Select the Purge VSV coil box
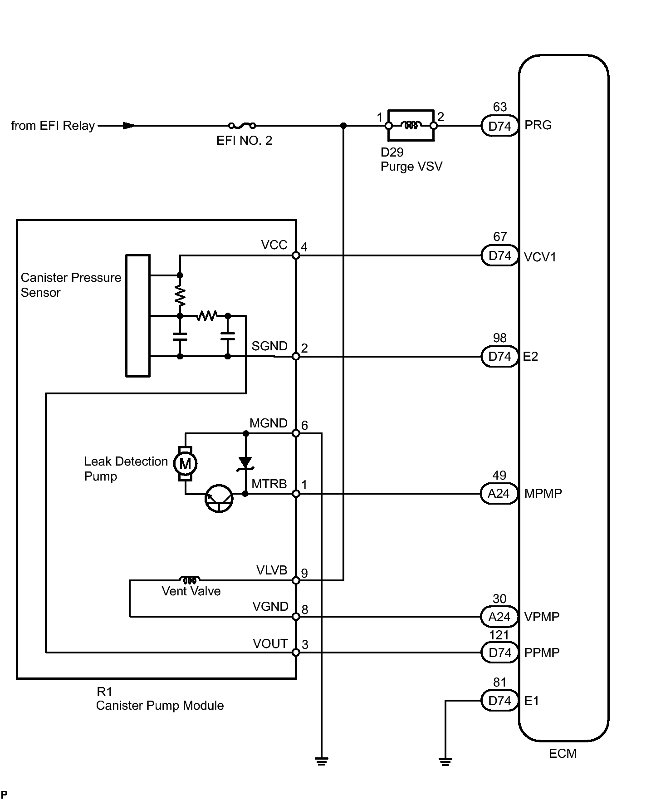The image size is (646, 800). pos(411,125)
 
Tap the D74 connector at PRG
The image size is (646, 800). pos(499,126)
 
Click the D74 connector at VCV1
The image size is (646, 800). pos(499,256)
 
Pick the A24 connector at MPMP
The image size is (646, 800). pos(499,494)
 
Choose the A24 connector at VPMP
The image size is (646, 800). pos(499,617)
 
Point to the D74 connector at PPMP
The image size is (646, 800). pos(499,653)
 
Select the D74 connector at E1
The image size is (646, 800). pos(499,701)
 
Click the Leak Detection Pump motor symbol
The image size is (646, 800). pos(186,464)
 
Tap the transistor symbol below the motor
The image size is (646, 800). pos(219,499)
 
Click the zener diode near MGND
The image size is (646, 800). pos(245,463)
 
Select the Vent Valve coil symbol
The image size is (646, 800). pos(190,579)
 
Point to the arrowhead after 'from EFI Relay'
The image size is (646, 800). pos(129,126)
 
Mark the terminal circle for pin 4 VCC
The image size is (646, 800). pos(296,256)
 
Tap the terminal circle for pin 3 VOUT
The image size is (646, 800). pos(296,653)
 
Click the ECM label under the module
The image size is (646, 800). pos(563,754)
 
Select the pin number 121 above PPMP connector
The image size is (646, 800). pos(499,635)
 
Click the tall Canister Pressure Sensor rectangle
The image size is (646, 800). pos(138,316)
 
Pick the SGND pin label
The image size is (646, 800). pos(269,346)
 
